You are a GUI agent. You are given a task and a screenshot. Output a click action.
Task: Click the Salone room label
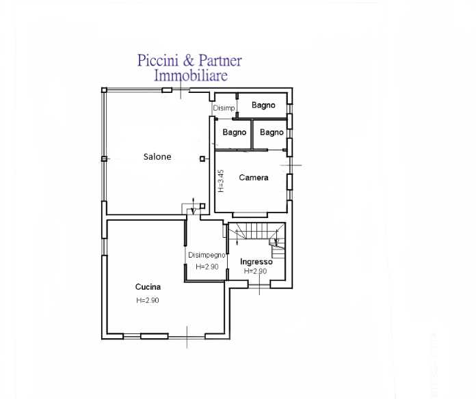click(x=157, y=156)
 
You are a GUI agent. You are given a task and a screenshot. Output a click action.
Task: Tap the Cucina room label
click(x=148, y=287)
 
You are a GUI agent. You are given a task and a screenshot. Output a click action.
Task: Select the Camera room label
click(x=254, y=178)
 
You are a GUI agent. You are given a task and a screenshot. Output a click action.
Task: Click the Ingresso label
click(x=256, y=262)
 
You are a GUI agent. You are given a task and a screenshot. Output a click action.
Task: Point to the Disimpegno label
click(x=207, y=255)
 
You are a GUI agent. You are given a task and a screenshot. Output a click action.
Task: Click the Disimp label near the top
click(x=224, y=108)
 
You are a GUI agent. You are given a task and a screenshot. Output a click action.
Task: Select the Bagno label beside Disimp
click(x=263, y=105)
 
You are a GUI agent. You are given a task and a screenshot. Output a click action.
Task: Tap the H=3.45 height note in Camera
click(x=221, y=180)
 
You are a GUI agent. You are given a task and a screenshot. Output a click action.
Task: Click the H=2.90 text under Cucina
click(x=148, y=300)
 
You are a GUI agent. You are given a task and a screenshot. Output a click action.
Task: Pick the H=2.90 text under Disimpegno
click(x=207, y=267)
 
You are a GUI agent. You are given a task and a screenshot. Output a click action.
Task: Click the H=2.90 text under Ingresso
click(x=255, y=271)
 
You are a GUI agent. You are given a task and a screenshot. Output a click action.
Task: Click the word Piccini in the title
click(x=157, y=60)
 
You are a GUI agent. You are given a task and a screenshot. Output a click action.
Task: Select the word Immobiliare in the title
click(x=191, y=75)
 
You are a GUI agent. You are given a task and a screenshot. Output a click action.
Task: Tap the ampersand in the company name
click(x=188, y=60)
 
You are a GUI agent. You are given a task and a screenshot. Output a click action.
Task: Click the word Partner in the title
click(x=220, y=61)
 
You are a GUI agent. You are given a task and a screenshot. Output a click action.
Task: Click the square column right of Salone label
click(x=202, y=159)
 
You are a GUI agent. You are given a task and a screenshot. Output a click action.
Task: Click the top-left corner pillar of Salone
click(x=104, y=90)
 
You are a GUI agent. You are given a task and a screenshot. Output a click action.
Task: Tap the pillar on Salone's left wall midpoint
click(x=104, y=159)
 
